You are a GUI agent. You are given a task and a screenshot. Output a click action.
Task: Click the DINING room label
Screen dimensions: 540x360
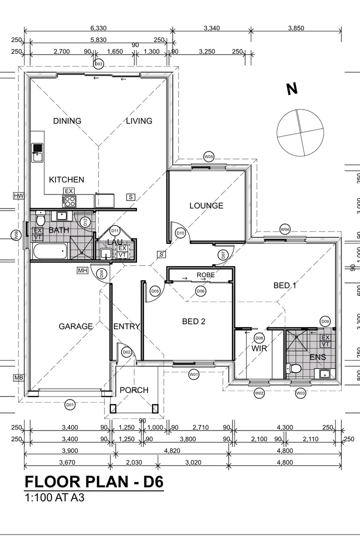[x=67, y=121]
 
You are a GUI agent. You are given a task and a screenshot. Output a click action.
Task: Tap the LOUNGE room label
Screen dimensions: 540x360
[x=206, y=205]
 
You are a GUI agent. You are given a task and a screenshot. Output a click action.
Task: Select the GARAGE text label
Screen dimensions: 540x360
[x=75, y=326]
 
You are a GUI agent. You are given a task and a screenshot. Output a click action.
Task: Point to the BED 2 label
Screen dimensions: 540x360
[x=193, y=321]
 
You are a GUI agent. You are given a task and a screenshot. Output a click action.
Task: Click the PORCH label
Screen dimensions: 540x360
[x=134, y=390]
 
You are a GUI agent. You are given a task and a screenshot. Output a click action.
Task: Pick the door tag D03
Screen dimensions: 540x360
[x=98, y=64]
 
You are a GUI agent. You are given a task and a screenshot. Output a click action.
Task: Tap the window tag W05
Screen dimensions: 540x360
[x=209, y=157]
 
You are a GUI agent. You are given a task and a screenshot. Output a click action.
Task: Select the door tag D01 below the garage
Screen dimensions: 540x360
[x=70, y=404]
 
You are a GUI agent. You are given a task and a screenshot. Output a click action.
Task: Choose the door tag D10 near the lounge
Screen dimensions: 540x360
[x=180, y=233]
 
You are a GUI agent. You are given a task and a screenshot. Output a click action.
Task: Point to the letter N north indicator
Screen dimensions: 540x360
[x=292, y=89]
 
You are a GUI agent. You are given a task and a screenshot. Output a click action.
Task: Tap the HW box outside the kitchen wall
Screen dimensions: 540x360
[x=19, y=195]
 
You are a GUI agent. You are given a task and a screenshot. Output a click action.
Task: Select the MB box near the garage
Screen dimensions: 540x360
[x=19, y=377]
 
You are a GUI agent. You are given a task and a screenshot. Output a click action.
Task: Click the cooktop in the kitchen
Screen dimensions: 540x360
[x=69, y=201]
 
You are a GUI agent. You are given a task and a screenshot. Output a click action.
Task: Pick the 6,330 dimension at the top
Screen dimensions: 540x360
[x=98, y=28]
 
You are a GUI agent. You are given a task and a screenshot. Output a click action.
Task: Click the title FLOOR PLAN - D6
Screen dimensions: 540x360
[x=94, y=482]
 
